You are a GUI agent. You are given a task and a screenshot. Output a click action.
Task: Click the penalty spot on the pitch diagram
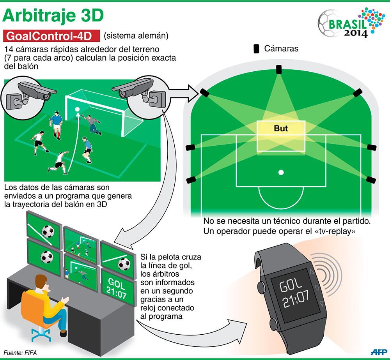[281, 172]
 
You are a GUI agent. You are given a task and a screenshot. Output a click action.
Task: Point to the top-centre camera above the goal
[278, 69]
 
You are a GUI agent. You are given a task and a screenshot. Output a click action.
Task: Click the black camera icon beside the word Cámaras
[257, 49]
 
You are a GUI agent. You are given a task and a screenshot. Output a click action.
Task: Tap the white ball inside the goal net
[77, 109]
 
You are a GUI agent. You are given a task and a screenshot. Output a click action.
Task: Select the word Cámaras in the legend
[281, 49]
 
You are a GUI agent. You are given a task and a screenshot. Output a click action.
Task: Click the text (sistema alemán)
[136, 36]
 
